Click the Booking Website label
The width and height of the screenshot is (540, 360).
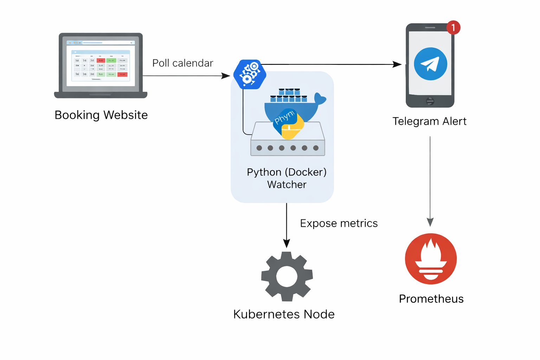pyautogui.click(x=101, y=115)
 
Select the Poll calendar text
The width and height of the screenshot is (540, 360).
pyautogui.click(x=182, y=63)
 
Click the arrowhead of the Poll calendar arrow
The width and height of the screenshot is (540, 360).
pyautogui.click(x=226, y=76)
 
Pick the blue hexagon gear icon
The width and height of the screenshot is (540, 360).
pyautogui.click(x=250, y=75)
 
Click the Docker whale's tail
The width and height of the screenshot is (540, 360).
pyautogui.click(x=320, y=99)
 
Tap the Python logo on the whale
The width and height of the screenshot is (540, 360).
pyautogui.click(x=288, y=123)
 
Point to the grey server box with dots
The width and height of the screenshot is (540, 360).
pyautogui.click(x=288, y=148)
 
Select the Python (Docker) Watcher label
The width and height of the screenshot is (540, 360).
pyautogui.click(x=287, y=178)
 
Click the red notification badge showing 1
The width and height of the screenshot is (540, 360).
pyautogui.click(x=453, y=27)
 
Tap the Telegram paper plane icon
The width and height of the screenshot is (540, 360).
pyautogui.click(x=430, y=64)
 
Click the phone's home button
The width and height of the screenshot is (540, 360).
pyautogui.click(x=430, y=101)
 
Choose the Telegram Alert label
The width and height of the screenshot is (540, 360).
pyautogui.click(x=429, y=121)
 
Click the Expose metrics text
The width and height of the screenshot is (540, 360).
pyautogui.click(x=339, y=223)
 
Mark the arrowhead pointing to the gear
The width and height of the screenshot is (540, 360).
pyautogui.click(x=287, y=243)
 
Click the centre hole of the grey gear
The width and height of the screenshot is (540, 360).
pyautogui.click(x=287, y=276)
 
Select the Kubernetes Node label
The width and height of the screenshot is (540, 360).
pyautogui.click(x=284, y=314)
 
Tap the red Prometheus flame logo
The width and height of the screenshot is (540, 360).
pyautogui.click(x=431, y=259)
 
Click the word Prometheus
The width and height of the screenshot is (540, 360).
pyautogui.click(x=431, y=298)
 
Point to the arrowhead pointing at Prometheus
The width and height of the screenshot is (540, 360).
pyautogui.click(x=430, y=222)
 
